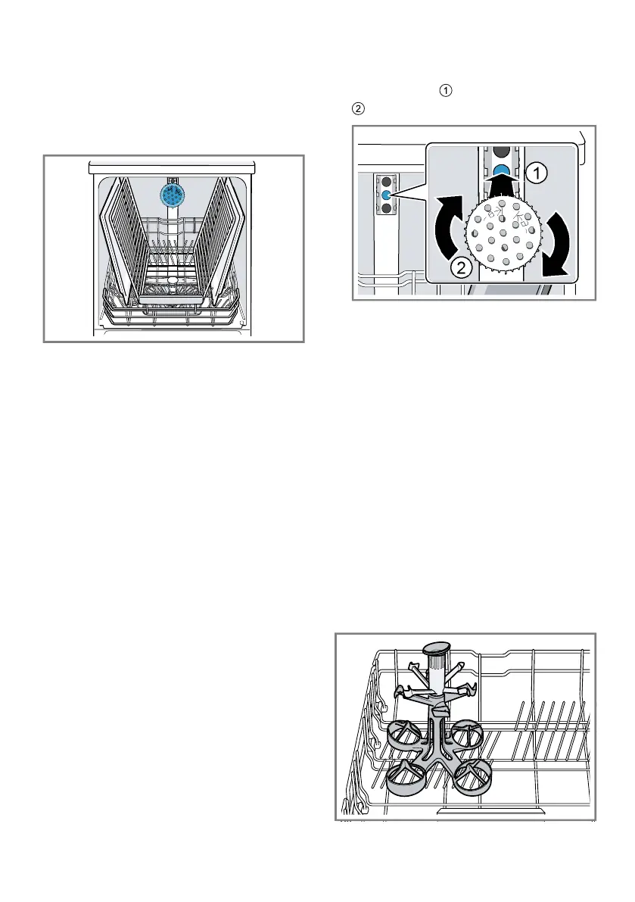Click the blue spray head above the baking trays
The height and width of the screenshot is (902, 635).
pyautogui.click(x=173, y=195)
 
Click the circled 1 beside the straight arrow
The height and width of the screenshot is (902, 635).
pyautogui.click(x=534, y=173)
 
